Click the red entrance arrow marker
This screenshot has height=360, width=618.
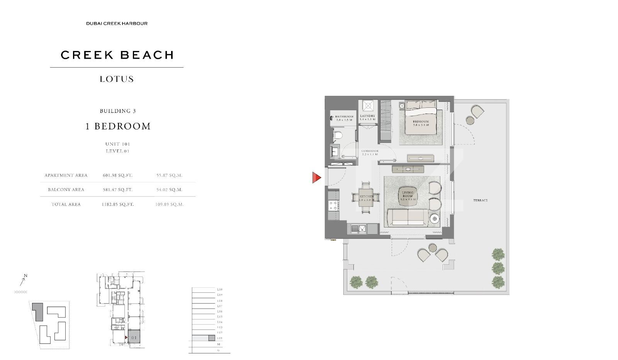pyautogui.click(x=316, y=178)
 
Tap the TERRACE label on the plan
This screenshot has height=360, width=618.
pyautogui.click(x=480, y=200)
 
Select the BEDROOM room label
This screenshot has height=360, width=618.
pyautogui.click(x=421, y=121)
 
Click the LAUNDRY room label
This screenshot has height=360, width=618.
pyautogui.click(x=367, y=116)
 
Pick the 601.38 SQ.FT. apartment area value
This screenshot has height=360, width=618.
pyautogui.click(x=117, y=175)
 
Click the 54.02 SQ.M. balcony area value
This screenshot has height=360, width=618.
pyautogui.click(x=169, y=190)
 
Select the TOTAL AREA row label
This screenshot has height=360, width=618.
pyautogui.click(x=66, y=204)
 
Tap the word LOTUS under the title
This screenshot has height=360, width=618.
pyautogui.click(x=117, y=79)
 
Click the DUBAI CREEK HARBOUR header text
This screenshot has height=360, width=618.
pyautogui.click(x=117, y=24)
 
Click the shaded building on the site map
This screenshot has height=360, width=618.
pyautogui.click(x=37, y=311)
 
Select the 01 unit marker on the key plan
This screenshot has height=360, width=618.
pyautogui.click(x=134, y=337)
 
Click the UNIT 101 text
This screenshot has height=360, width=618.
pyautogui.click(x=117, y=144)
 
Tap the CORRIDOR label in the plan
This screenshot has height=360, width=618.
pyautogui.click(x=370, y=151)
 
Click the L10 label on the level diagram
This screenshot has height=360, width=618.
pyautogui.click(x=219, y=289)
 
